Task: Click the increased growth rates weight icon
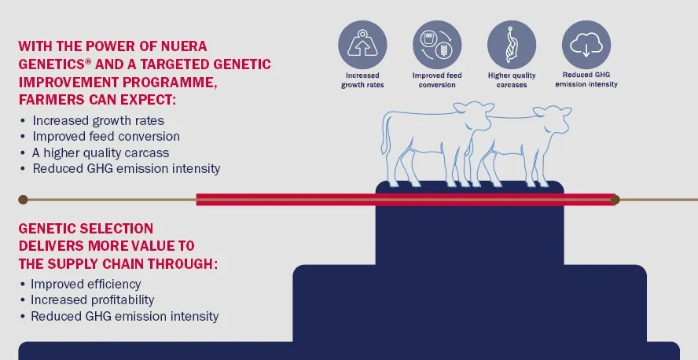pos(362,45)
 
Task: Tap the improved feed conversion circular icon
pos(437,45)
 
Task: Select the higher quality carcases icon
pos(512,45)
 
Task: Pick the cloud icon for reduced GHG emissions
pos(586,45)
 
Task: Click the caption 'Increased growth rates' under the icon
pos(362,80)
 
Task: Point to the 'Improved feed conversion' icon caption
pos(437,80)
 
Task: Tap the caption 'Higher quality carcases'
pos(512,80)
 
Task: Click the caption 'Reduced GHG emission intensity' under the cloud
pos(586,79)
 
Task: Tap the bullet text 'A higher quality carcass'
pos(101,152)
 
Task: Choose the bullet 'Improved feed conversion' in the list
pos(106,136)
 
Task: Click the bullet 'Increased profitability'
pos(92,300)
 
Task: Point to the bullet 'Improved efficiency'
pos(86,284)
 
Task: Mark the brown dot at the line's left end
pos(23,200)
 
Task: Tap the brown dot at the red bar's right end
pos(615,200)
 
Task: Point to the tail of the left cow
pos(384,134)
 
